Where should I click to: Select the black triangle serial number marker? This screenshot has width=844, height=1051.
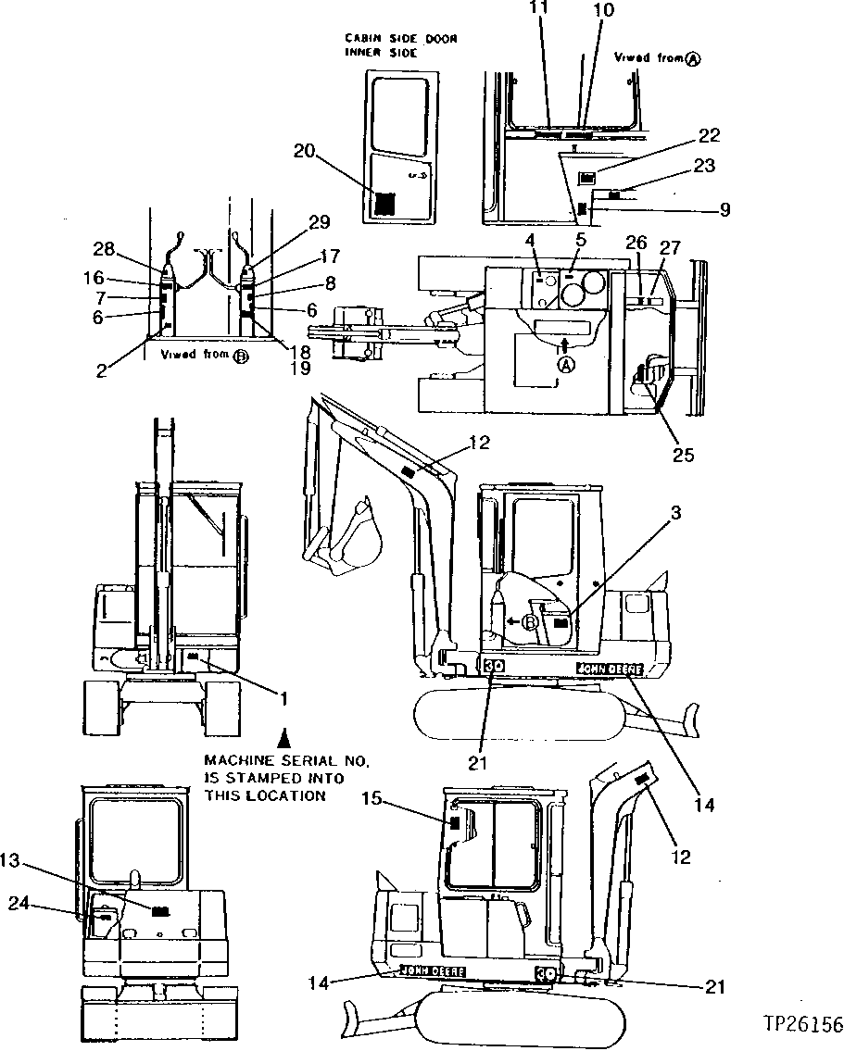(x=286, y=738)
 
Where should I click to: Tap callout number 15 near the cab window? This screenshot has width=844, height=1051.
(x=370, y=799)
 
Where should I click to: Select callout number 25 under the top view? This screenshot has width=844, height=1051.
(x=683, y=456)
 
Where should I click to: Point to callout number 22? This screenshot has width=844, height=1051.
(x=708, y=136)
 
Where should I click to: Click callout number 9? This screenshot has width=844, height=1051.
(x=724, y=210)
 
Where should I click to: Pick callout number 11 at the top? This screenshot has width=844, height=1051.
(x=538, y=9)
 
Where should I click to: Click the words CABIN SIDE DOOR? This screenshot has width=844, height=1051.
(x=401, y=38)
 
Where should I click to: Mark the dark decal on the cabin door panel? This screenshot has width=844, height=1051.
(x=384, y=204)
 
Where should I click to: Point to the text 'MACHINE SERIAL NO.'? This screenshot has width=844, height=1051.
(x=286, y=760)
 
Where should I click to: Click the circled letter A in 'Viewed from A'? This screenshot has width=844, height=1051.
(x=692, y=58)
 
